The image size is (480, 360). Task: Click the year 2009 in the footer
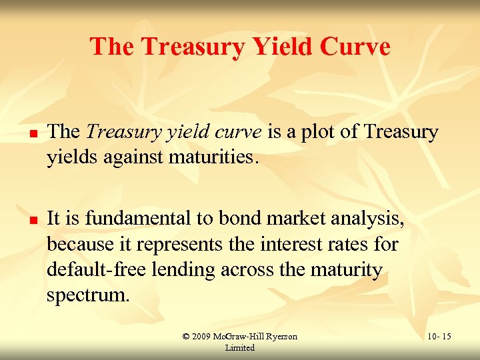tap(201, 337)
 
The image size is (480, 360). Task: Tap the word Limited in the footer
tap(240, 348)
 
